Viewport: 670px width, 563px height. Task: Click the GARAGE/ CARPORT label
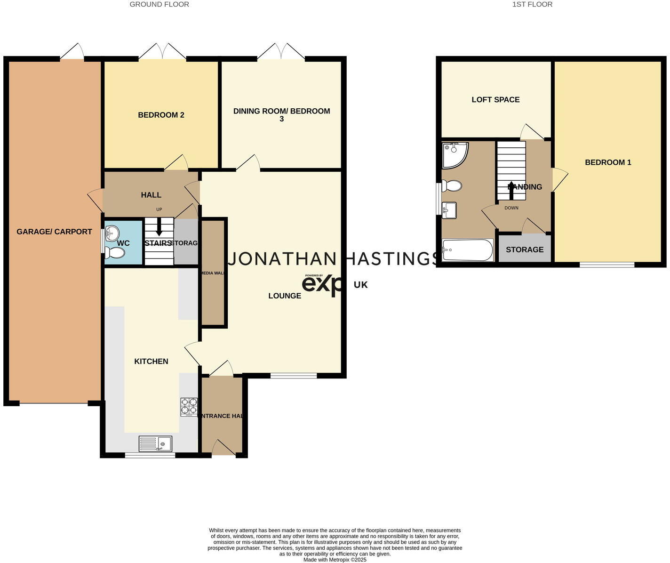tap(54, 232)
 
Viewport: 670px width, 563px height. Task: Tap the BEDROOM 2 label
tap(161, 115)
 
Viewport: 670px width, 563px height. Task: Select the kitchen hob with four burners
tap(189, 407)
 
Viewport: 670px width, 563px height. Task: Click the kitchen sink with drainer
tap(156, 443)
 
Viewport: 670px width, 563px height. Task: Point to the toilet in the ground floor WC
tap(114, 253)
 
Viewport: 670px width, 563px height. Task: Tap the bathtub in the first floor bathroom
tap(468, 249)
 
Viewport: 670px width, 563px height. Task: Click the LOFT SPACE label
tap(495, 100)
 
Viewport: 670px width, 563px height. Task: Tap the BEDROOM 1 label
tap(608, 162)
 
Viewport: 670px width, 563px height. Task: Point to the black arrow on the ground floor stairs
tap(159, 227)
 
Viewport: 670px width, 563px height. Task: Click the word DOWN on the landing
tap(511, 208)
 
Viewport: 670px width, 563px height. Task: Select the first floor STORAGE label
tap(525, 249)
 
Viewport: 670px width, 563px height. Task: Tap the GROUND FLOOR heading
tap(159, 4)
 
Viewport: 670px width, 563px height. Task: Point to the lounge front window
tap(294, 376)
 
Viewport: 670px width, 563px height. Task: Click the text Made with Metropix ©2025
tap(335, 560)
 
